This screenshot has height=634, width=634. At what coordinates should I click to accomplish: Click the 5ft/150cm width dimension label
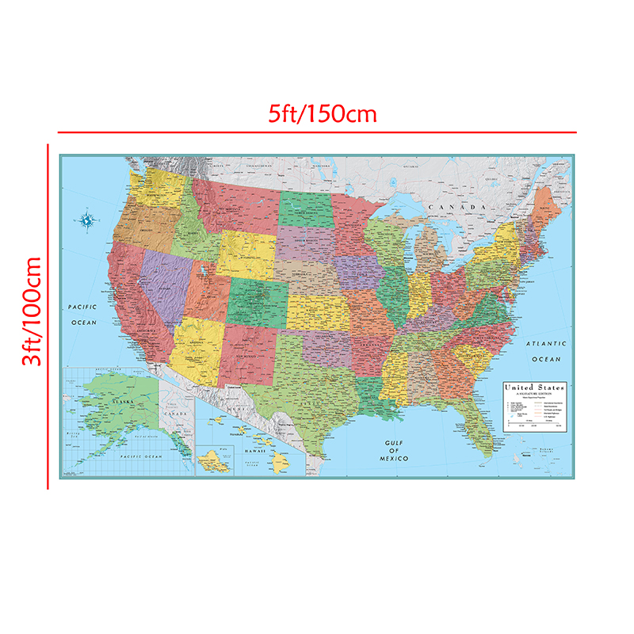click(322, 113)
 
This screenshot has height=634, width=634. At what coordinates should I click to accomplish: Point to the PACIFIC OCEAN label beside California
click(82, 314)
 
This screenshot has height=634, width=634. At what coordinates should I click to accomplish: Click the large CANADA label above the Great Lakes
click(456, 208)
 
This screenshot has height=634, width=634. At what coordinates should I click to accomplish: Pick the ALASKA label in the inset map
click(124, 403)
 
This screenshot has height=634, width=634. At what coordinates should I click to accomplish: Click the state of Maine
click(545, 208)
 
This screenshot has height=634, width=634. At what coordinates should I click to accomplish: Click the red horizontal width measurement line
click(317, 132)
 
